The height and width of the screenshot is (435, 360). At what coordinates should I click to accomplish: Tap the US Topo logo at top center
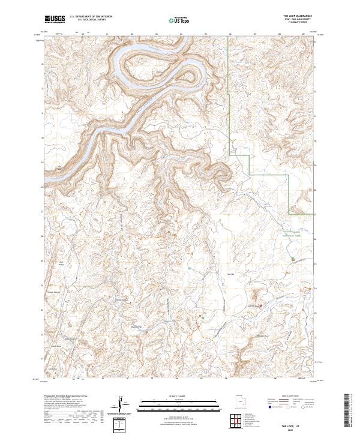(x=175, y=19)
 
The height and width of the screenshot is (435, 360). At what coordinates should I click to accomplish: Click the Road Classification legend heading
(x=290, y=396)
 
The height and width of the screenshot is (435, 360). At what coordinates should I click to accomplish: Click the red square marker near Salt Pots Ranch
(x=260, y=307)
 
